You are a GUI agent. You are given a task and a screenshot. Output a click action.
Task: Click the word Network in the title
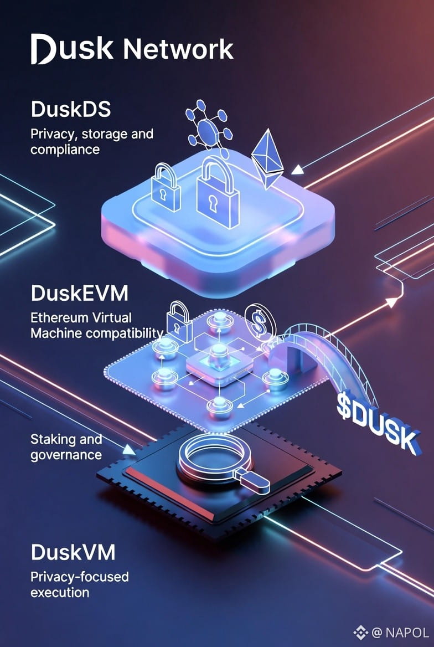point(178,49)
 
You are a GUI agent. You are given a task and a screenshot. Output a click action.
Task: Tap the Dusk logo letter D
point(43,49)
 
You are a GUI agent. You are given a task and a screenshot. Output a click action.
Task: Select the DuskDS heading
point(70,109)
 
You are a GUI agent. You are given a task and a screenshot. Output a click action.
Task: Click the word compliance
point(65,150)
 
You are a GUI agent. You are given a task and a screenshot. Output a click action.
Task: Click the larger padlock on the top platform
point(218,192)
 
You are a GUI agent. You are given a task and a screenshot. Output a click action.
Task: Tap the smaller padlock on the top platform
point(167,187)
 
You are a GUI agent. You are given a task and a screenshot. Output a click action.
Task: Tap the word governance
point(66,455)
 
